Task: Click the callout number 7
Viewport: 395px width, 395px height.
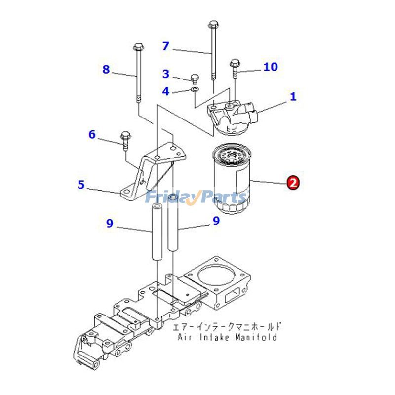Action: coord(166,46)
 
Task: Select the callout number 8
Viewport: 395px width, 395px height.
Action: coord(106,70)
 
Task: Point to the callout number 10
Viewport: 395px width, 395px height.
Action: coord(270,67)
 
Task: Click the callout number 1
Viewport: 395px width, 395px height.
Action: coord(293,96)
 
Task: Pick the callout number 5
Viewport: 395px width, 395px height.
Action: coord(81,185)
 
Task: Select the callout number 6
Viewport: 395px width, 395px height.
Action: coord(92,134)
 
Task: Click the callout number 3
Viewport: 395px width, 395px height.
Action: coord(166,74)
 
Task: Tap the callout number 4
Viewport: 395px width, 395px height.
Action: coord(166,91)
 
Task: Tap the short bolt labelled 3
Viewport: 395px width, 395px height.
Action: coord(194,79)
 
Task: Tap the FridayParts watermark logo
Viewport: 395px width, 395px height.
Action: coord(196,197)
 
